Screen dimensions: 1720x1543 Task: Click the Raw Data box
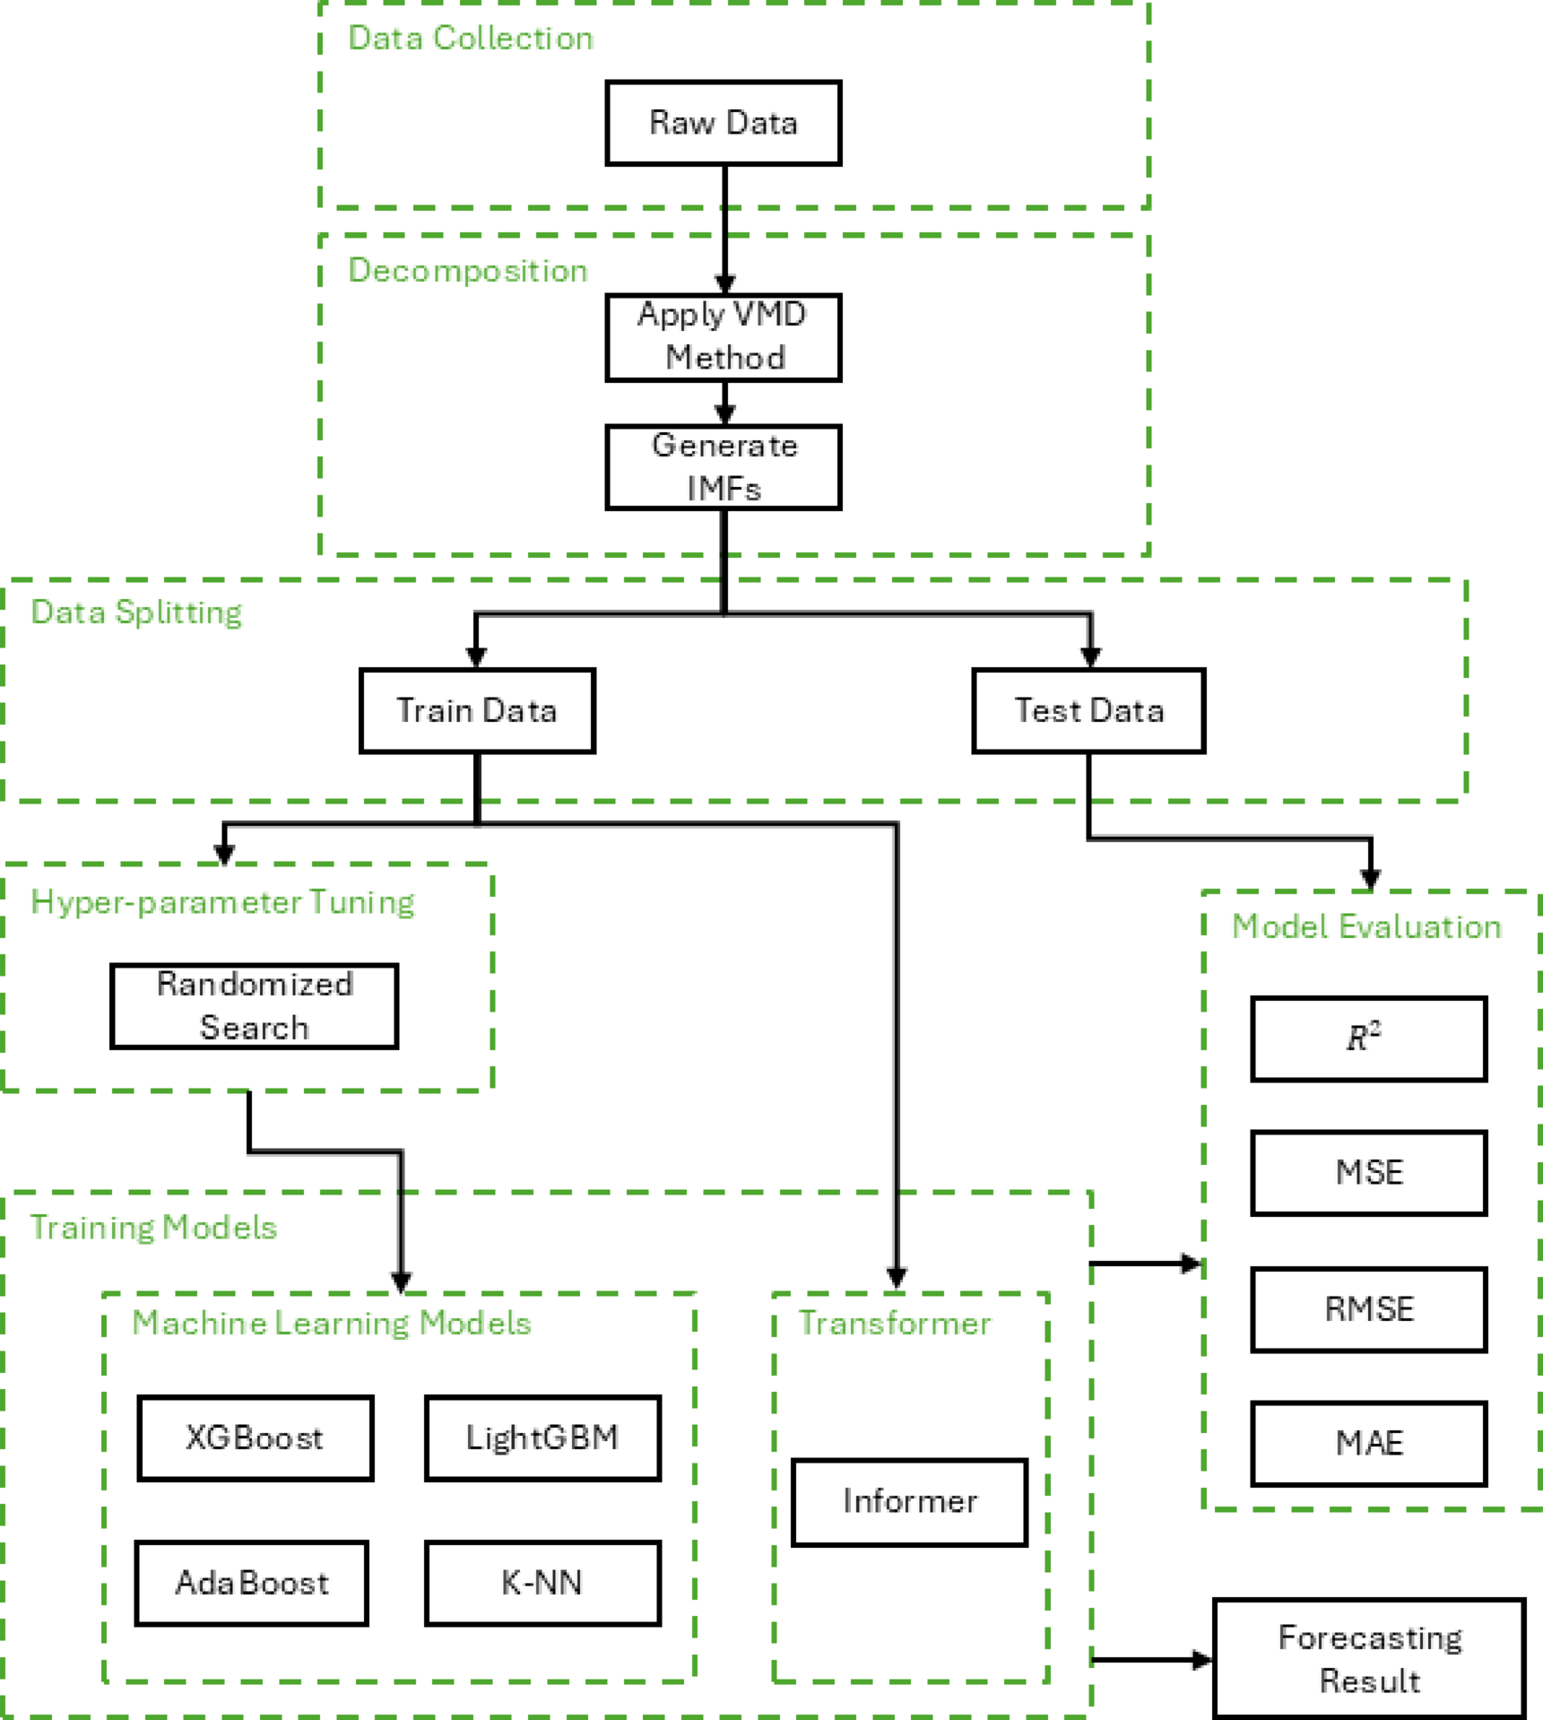pos(723,123)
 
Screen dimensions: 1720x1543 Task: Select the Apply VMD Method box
pos(723,337)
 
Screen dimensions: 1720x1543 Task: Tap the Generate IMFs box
pos(723,467)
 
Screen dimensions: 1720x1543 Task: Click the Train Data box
pos(477,710)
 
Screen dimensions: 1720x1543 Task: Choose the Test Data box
pos(1088,710)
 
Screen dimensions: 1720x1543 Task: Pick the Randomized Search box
pos(254,1005)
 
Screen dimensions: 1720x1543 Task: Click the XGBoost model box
pos(255,1438)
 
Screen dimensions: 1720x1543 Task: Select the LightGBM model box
pos(542,1438)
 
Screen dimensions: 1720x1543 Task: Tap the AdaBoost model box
pos(252,1583)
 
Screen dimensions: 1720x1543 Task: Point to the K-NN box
pos(542,1583)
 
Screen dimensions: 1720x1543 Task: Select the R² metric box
pos(1368,1038)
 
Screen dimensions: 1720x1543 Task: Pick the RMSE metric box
pos(1368,1309)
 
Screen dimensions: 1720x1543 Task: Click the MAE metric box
pos(1368,1443)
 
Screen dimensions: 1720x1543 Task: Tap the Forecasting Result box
pos(1369,1659)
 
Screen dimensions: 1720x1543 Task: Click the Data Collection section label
pos(470,39)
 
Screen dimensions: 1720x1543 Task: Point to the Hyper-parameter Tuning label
pos(222,902)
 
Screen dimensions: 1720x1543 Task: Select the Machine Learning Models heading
pos(332,1324)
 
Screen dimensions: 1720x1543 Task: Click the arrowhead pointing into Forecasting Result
pos(1201,1660)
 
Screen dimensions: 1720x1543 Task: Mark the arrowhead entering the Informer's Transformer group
pos(897,1278)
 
